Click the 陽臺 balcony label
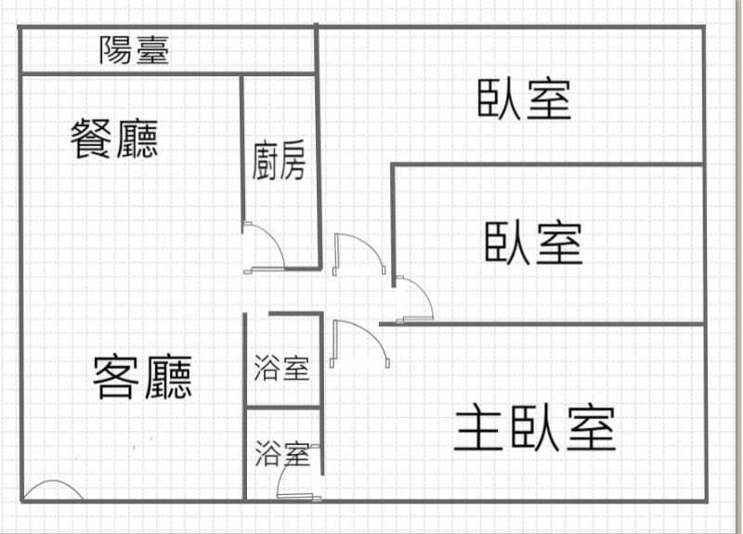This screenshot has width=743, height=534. click(x=135, y=50)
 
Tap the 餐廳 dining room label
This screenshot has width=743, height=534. click(x=115, y=140)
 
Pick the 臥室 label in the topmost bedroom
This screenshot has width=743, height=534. click(x=525, y=99)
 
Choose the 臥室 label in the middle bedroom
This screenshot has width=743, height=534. click(x=534, y=243)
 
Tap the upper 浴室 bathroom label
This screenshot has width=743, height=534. click(x=281, y=369)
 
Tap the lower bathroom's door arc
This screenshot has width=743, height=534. click(x=297, y=478)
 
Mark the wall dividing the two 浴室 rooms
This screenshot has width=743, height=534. click(x=283, y=408)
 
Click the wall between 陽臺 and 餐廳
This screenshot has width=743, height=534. click(x=130, y=73)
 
